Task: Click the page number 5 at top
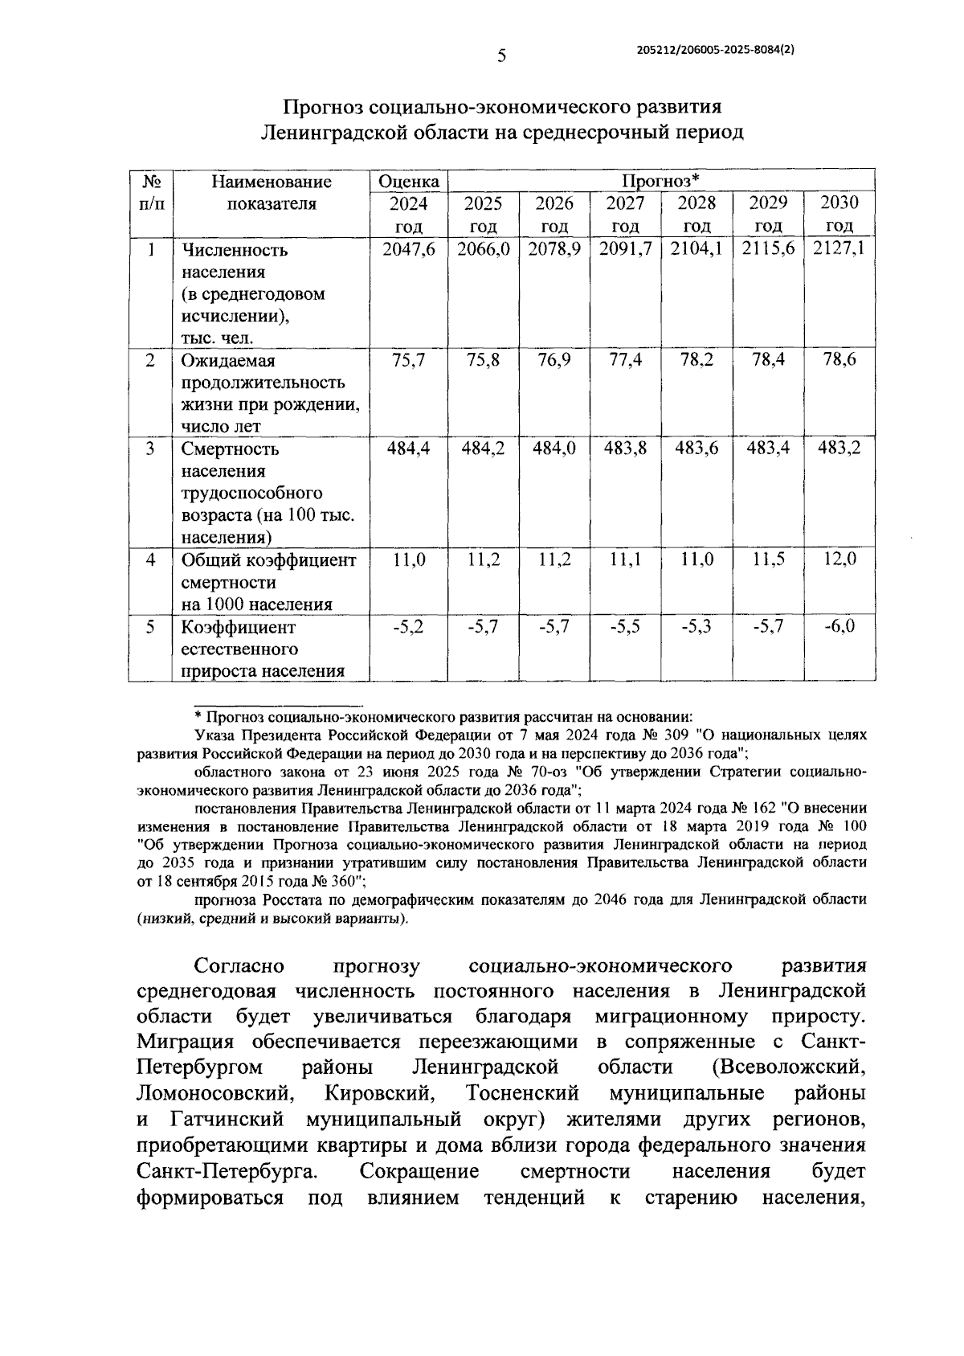click(x=502, y=55)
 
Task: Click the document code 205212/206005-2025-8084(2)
click(x=716, y=49)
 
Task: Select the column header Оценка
click(x=409, y=182)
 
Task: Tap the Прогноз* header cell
click(x=660, y=180)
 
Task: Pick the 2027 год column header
click(x=625, y=214)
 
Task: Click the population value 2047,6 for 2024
click(x=409, y=249)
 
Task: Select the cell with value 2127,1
click(x=839, y=249)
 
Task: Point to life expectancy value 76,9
click(x=554, y=359)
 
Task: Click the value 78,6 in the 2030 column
click(x=839, y=359)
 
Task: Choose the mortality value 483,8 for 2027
click(x=625, y=449)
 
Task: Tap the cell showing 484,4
click(x=409, y=449)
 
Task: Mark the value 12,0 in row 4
click(x=839, y=559)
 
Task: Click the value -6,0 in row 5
click(x=839, y=625)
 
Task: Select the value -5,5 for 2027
click(x=625, y=625)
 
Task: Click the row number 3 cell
click(x=150, y=449)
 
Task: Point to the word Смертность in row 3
click(x=230, y=449)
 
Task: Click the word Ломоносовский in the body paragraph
click(x=214, y=1094)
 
